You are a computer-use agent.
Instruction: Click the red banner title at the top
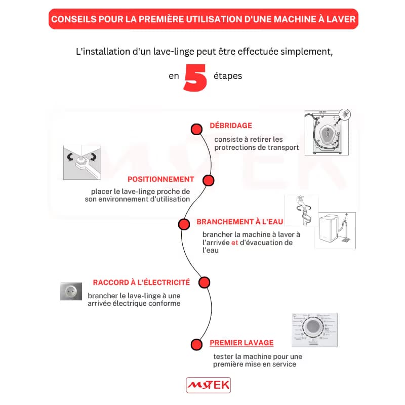tap(202, 19)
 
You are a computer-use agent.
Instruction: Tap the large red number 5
tap(195, 77)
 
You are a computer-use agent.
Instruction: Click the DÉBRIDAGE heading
tap(231, 126)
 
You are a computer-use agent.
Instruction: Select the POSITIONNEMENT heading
tap(160, 179)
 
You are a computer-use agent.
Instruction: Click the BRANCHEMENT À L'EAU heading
tap(239, 222)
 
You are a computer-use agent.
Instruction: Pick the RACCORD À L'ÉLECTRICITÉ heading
tap(141, 282)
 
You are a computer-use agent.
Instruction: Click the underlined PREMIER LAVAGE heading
tap(241, 343)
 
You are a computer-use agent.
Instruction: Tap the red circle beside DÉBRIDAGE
tap(196, 129)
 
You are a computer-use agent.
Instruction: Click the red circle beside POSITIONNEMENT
tap(208, 180)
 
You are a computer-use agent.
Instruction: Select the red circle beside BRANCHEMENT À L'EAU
tap(184, 224)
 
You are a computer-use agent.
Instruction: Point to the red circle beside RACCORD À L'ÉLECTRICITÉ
tap(204, 282)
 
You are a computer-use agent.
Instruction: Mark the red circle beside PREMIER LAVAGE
tap(196, 344)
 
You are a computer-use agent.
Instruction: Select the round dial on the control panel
tap(314, 328)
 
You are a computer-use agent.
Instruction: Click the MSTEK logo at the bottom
tap(208, 385)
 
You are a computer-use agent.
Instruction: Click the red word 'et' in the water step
tap(234, 242)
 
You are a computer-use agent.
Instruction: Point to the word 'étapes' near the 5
tap(227, 76)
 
